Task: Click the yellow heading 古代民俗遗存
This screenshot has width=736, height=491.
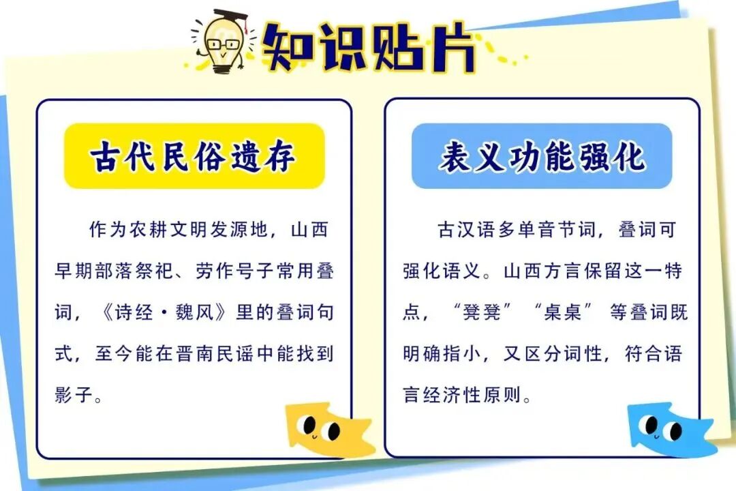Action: point(194,156)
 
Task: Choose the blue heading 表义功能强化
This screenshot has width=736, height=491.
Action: point(542,156)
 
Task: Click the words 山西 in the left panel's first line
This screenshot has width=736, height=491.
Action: point(310,230)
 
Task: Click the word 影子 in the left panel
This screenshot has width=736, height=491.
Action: point(74,395)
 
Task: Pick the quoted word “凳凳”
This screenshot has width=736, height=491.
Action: point(482,312)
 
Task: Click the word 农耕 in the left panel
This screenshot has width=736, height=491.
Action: point(149,230)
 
